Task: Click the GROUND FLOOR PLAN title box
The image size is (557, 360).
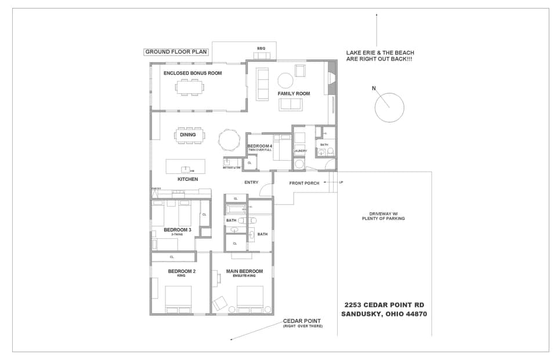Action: [176, 52]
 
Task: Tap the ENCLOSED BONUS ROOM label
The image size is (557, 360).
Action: [193, 73]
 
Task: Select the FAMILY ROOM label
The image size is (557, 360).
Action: [294, 93]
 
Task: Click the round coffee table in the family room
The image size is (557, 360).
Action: [285, 80]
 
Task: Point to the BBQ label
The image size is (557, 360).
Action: [261, 48]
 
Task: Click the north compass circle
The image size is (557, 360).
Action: [389, 107]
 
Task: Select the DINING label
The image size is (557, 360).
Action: [187, 135]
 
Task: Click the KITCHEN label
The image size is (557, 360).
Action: [187, 179]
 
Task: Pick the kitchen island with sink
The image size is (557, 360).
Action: [186, 166]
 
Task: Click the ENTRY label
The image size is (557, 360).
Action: [251, 183]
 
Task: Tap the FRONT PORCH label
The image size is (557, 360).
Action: [303, 183]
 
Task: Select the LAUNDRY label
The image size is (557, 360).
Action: [300, 151]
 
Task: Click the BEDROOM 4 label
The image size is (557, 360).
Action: [259, 146]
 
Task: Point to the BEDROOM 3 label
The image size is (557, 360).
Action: [177, 230]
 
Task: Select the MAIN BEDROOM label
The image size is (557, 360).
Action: [244, 271]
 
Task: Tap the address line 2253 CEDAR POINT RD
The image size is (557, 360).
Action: [385, 305]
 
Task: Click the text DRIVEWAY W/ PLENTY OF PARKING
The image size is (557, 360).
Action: [383, 216]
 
